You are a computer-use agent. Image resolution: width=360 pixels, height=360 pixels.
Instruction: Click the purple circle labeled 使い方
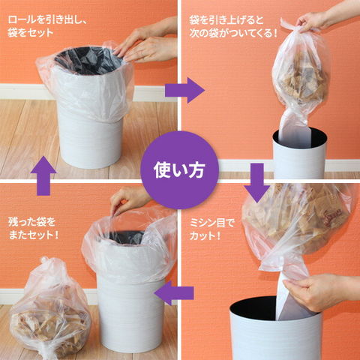tap(179, 170)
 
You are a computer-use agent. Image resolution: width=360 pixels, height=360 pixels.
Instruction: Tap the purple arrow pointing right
tap(184, 90)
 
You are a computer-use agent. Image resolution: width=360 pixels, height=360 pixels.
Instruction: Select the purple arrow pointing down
tap(257, 183)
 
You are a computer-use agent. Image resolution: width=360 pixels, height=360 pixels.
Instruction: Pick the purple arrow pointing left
tap(174, 292)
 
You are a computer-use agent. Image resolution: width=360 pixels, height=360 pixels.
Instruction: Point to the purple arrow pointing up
tap(43, 175)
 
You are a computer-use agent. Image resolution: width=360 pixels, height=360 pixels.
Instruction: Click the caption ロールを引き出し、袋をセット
tap(47, 26)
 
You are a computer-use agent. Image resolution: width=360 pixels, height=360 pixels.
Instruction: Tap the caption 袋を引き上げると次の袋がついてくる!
tap(233, 26)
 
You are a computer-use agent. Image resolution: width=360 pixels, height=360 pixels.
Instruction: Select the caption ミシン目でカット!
tap(211, 229)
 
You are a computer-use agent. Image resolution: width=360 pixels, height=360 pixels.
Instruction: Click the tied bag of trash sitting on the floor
tap(50, 310)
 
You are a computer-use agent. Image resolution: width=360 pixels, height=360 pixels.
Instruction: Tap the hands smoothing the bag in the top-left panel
tap(148, 45)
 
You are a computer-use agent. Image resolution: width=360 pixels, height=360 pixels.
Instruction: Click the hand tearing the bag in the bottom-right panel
tap(322, 292)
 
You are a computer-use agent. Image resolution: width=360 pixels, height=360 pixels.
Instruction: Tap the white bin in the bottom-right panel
tap(275, 330)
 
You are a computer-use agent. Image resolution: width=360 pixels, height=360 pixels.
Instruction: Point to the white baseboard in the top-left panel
tap(22, 91)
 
